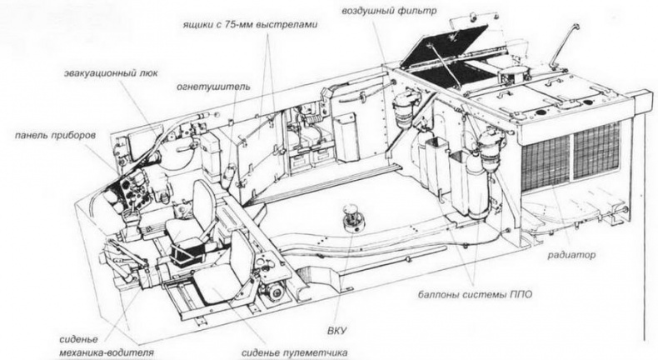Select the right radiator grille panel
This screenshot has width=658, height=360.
(596, 147)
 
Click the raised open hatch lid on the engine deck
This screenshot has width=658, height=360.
(443, 47)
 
